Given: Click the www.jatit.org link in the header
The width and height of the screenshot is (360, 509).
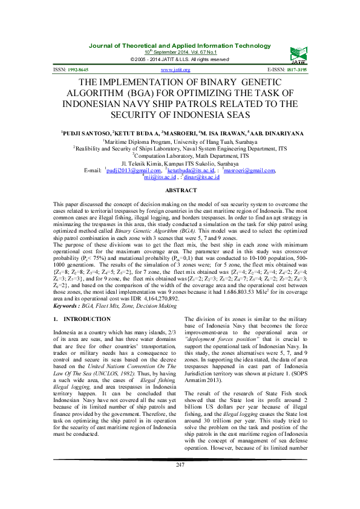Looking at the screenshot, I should [175, 70].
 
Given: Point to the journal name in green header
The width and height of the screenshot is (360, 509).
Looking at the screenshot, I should [180, 46].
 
